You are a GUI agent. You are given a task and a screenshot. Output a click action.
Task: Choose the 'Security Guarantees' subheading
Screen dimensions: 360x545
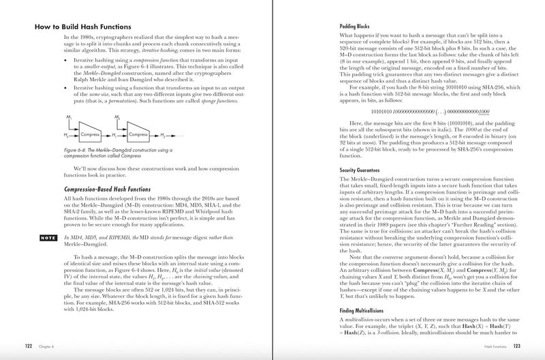pos(365,169)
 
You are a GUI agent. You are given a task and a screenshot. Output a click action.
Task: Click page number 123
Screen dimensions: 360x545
pos(517,345)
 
